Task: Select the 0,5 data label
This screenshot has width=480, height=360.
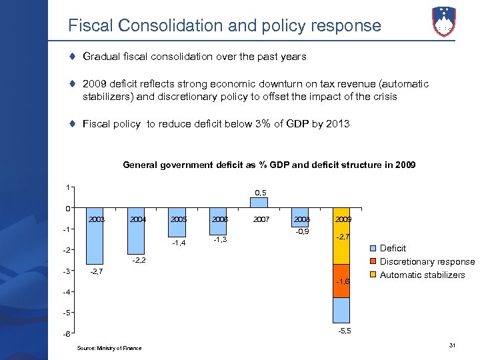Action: [x=261, y=193]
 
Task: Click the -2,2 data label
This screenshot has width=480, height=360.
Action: [x=138, y=260]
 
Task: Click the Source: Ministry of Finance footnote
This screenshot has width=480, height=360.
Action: [x=109, y=348]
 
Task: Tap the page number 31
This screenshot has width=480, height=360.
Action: [x=453, y=345]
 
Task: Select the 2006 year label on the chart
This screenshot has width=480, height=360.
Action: [x=220, y=219]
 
